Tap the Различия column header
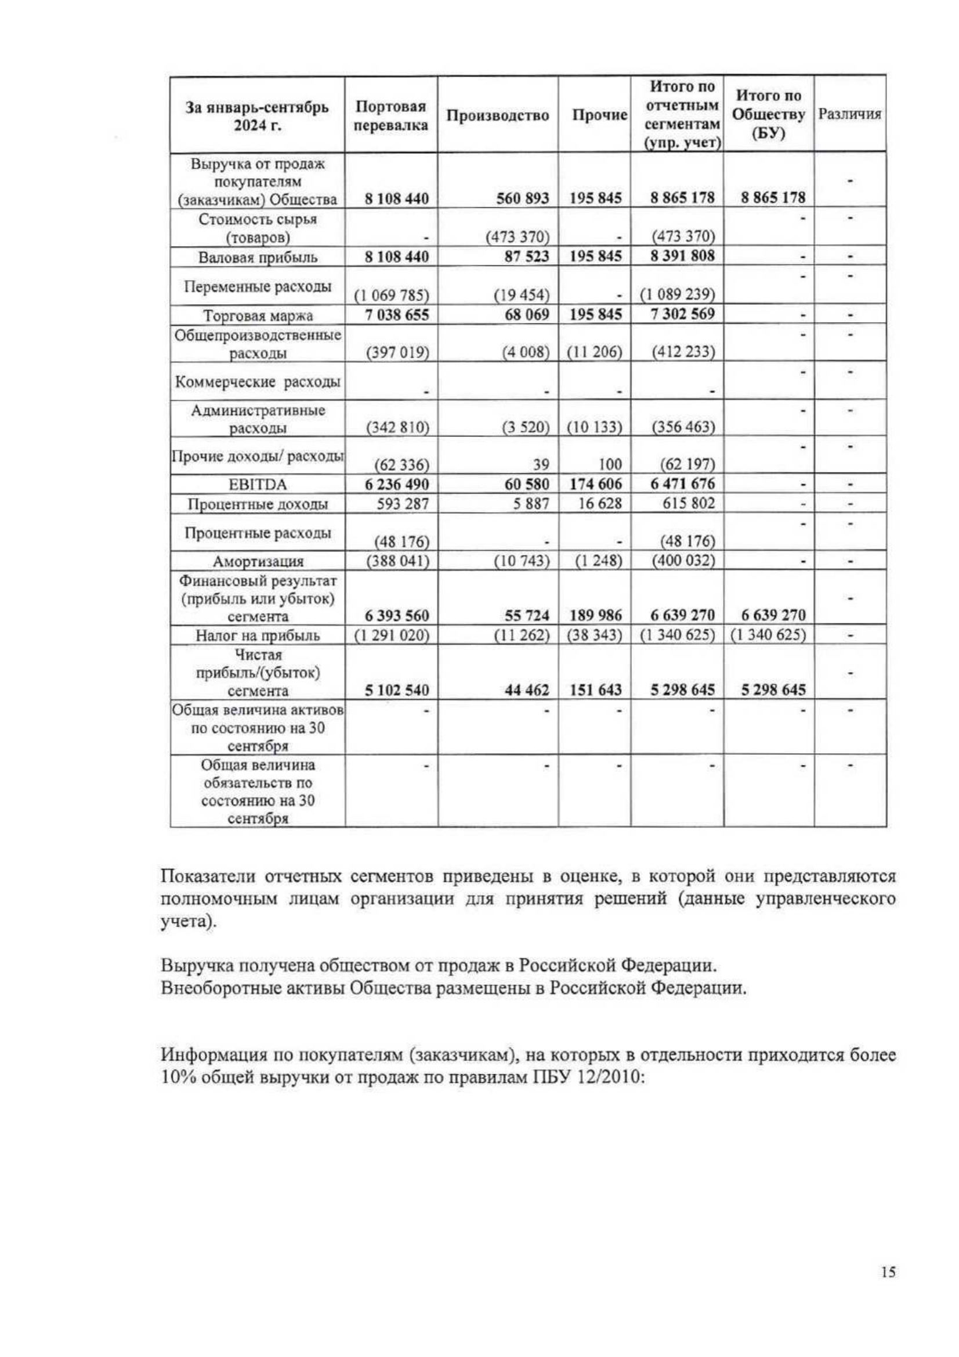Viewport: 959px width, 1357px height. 849,114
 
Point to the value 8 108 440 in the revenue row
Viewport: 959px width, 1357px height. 396,199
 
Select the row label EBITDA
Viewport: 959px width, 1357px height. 258,485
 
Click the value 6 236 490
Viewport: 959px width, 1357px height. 396,484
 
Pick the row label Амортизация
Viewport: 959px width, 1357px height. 258,561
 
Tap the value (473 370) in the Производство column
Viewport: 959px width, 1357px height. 518,237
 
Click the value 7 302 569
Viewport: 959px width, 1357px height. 682,314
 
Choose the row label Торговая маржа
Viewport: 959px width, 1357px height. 258,316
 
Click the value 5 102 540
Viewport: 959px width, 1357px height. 396,690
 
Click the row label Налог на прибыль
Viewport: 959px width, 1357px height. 258,636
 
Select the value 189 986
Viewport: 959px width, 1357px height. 596,615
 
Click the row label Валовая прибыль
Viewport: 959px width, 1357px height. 258,257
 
